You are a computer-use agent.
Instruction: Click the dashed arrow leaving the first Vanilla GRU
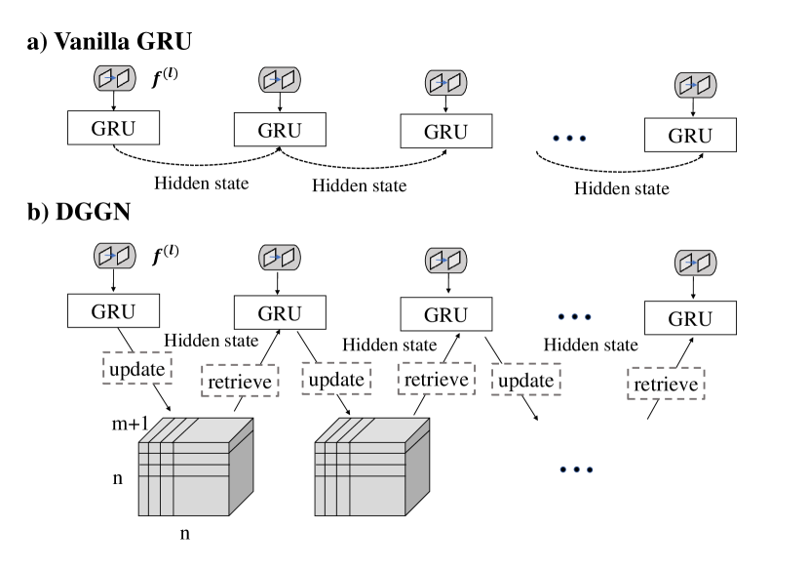tap(195, 161)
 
